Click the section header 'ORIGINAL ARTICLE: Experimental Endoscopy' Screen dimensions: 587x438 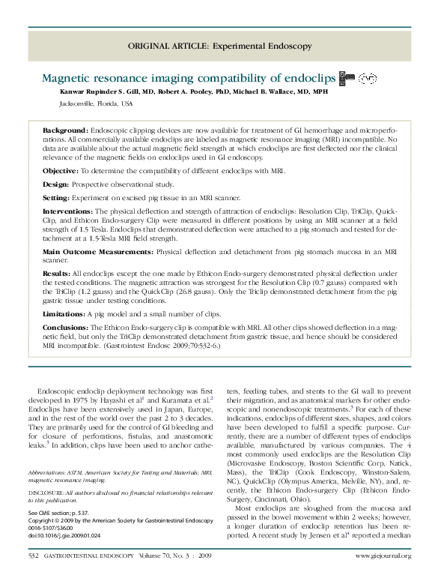[219, 46]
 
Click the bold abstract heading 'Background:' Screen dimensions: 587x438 [65, 130]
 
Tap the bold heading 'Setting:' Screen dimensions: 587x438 [56, 198]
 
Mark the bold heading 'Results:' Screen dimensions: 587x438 [57, 274]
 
